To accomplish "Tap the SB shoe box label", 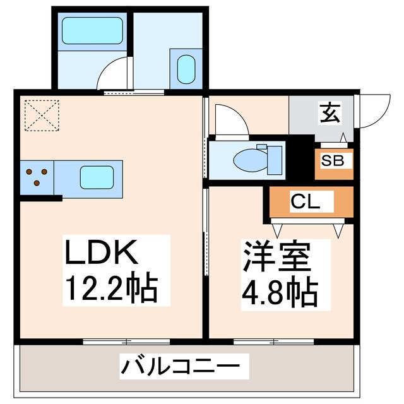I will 333,161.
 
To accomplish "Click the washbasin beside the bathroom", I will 186,68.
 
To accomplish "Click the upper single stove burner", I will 44,170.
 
